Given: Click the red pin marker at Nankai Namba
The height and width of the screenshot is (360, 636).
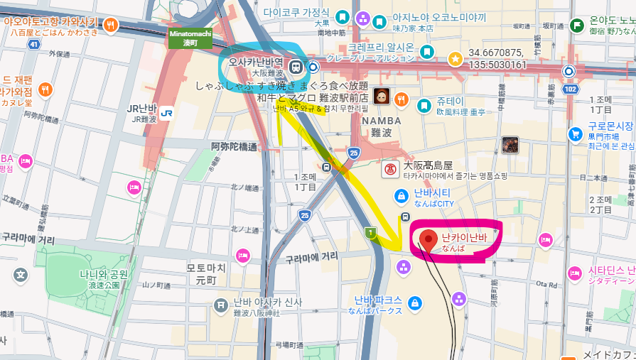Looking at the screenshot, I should point(428,240).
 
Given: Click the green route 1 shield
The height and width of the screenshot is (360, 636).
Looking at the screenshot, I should point(370,232).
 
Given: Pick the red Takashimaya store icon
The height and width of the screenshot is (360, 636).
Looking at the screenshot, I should point(389,169).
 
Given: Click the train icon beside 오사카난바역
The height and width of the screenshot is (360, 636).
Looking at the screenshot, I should point(296,67).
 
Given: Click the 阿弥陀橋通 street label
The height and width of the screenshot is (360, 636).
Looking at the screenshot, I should point(234,146).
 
